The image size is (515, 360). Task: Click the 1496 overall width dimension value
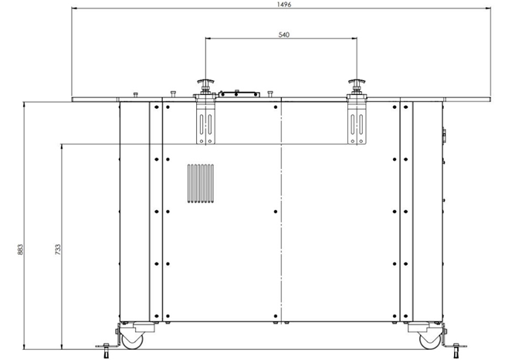[x=284, y=5]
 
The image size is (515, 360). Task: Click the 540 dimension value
[x=284, y=35]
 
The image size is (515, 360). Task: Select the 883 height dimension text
[x=20, y=250]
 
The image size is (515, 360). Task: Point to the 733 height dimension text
[x=58, y=250]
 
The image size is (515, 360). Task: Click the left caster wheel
[x=132, y=340]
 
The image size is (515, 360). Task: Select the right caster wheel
[x=430, y=340]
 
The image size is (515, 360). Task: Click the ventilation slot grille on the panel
[x=200, y=183]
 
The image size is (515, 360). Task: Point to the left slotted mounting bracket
[x=206, y=122]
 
